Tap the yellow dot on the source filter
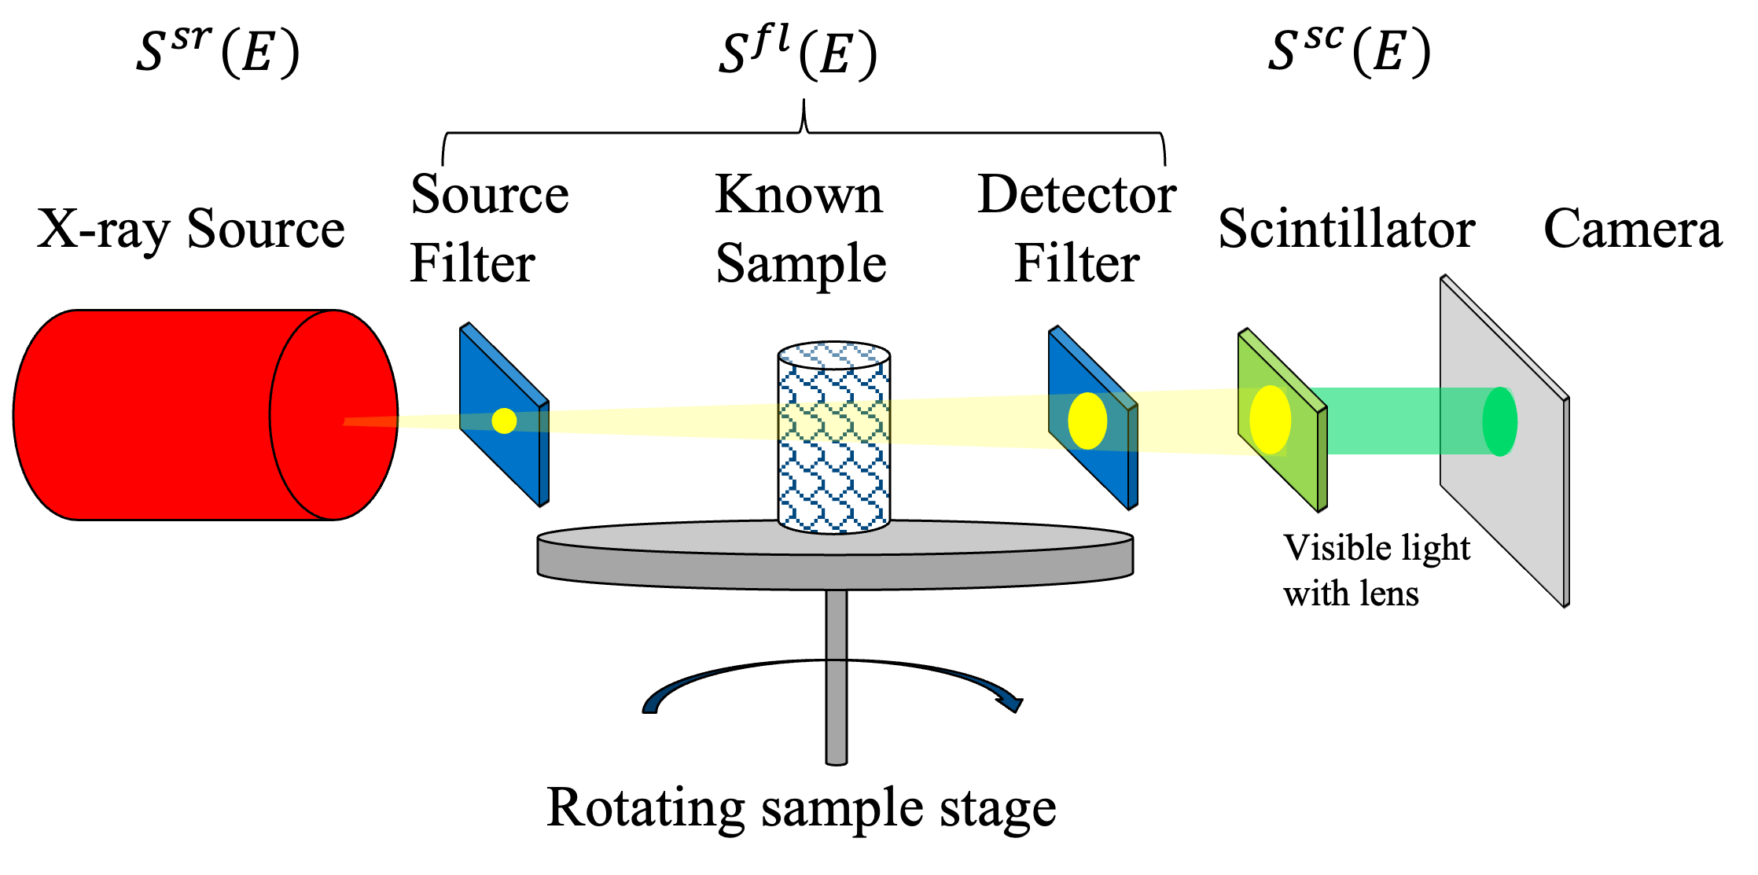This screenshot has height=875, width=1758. [504, 421]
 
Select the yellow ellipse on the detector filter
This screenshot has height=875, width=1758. [1087, 421]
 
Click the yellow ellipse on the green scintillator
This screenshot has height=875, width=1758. [1270, 420]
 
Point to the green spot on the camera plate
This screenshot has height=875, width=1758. [1499, 421]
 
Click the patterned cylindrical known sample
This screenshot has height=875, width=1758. [834, 437]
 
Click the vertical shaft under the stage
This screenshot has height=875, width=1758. [837, 677]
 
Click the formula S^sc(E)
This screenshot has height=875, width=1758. [1349, 50]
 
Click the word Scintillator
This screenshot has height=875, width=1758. [1346, 229]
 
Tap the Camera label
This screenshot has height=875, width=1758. [1633, 229]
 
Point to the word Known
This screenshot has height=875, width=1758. [799, 194]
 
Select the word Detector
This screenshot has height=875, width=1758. [1077, 194]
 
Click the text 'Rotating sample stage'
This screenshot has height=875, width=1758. [801, 808]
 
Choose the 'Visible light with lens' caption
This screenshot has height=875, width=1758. [1377, 570]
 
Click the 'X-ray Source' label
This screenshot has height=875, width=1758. [191, 230]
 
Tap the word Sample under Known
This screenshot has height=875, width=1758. [801, 263]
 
